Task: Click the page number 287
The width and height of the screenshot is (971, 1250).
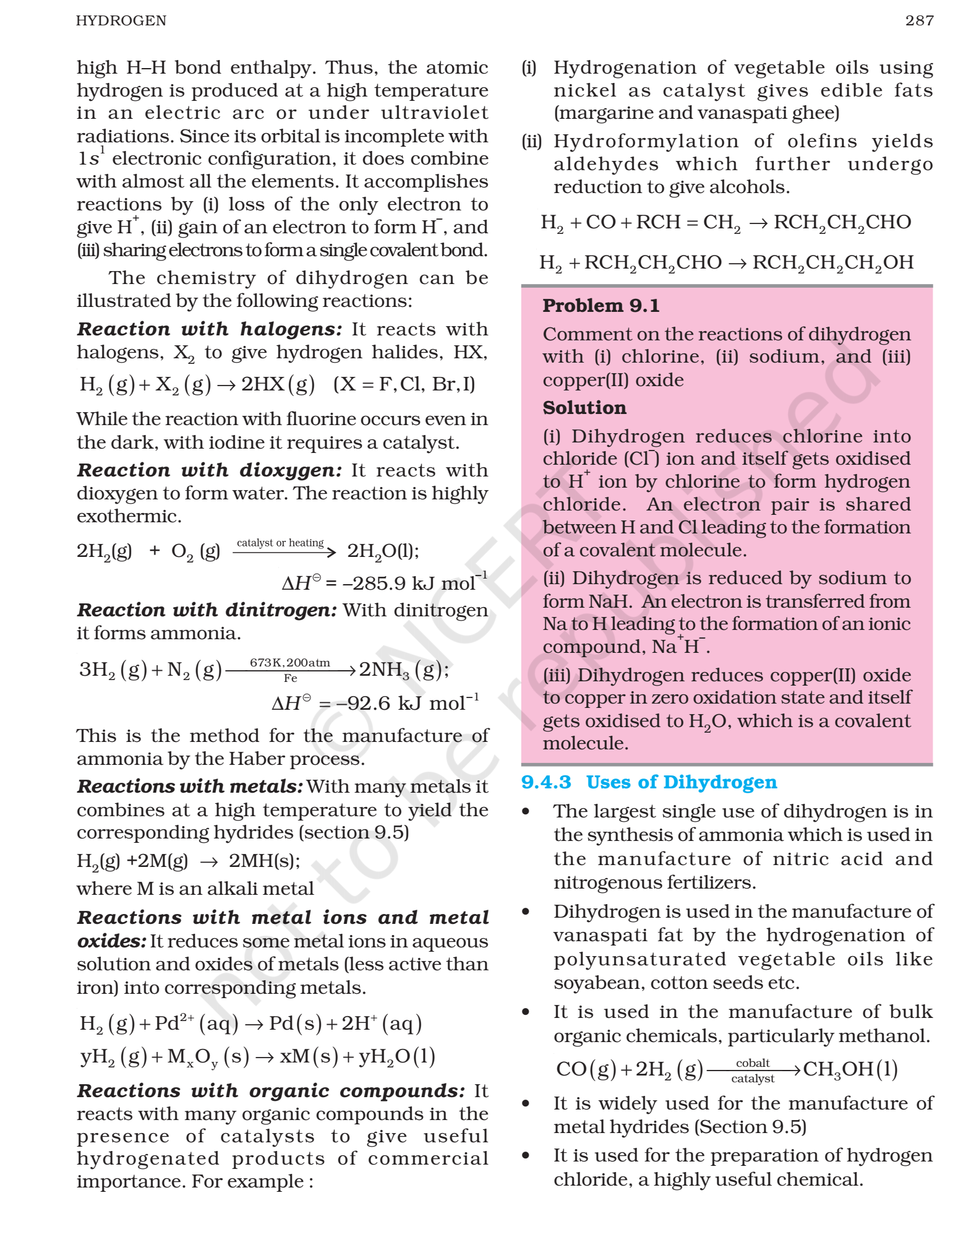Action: pos(919,20)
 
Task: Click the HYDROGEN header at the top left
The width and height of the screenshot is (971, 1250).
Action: pos(121,20)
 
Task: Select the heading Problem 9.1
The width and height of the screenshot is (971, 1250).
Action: pos(601,305)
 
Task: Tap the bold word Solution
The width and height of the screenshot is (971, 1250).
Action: pos(584,407)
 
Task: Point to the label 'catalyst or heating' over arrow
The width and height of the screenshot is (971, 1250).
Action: pos(280,543)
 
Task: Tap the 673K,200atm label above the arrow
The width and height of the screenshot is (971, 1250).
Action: pos(289,662)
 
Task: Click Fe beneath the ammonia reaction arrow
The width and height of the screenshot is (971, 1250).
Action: pos(290,678)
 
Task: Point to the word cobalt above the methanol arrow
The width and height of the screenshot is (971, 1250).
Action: pos(752,1062)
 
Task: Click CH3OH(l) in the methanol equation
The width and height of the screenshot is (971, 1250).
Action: pos(850,1069)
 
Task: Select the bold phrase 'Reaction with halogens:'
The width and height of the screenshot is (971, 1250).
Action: pos(209,329)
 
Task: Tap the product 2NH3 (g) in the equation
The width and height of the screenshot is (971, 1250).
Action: pos(402,669)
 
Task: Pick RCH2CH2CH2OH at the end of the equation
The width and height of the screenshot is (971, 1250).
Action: pos(832,262)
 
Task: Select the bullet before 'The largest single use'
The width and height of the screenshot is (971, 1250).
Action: pos(526,811)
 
